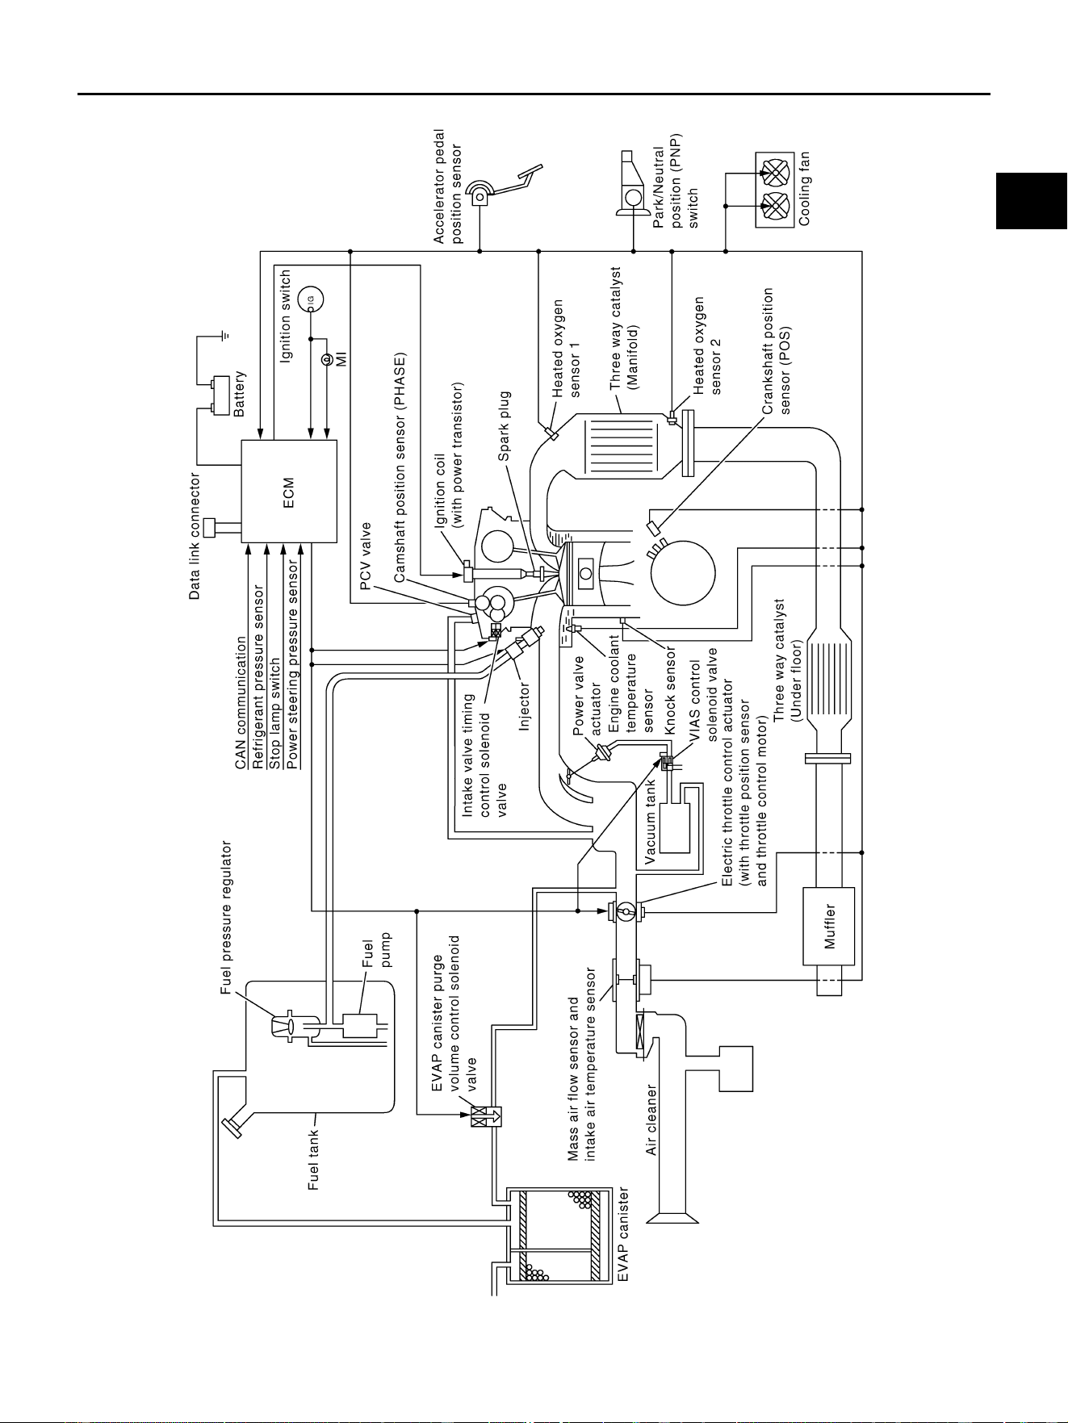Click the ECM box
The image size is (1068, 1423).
coord(289,492)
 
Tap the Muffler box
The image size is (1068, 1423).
coord(828,926)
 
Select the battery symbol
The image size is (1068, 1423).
coord(220,394)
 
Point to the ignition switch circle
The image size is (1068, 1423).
coord(310,300)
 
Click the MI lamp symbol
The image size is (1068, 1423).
coord(326,359)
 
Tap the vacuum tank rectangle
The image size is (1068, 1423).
coord(674,828)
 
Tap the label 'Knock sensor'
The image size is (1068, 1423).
coord(670,691)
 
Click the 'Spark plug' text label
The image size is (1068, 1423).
coord(505,426)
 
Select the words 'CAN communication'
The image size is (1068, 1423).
coord(241,703)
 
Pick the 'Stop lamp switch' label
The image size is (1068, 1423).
coord(275,713)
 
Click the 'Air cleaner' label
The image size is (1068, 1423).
coord(651,1120)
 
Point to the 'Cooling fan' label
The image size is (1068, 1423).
coord(804,189)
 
